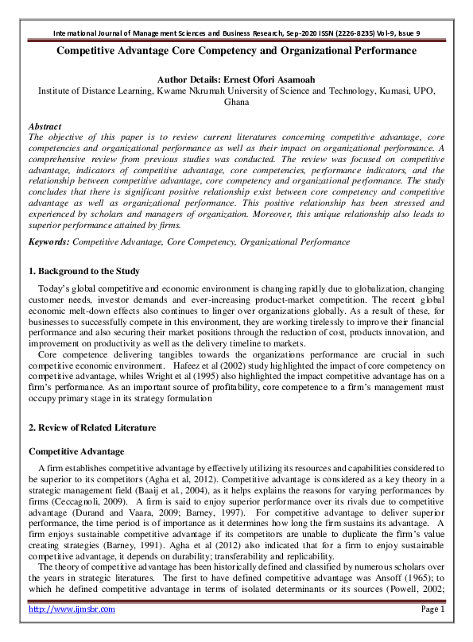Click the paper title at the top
coord(236,51)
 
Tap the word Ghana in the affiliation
coord(236,102)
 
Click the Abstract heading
coord(45,126)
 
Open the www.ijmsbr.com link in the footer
coord(72,632)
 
